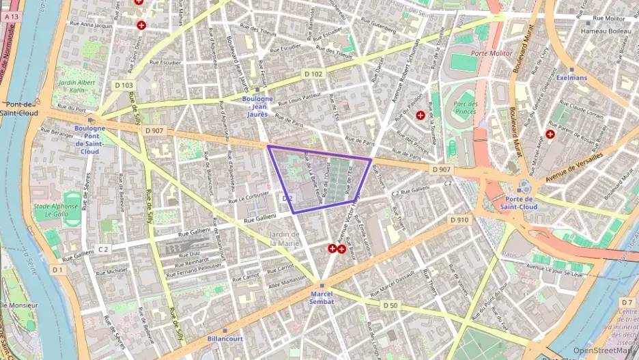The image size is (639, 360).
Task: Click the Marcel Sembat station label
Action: (321, 296)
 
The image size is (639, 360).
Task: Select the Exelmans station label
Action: (571, 78)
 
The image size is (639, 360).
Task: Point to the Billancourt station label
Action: (224, 338)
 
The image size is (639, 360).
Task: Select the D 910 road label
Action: (459, 220)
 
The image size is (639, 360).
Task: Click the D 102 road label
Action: (313, 74)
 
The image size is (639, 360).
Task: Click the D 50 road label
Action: (390, 305)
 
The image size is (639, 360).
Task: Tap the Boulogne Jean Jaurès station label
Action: (257, 106)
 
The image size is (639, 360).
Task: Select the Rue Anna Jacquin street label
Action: (91, 25)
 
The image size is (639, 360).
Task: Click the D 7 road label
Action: (627, 301)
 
